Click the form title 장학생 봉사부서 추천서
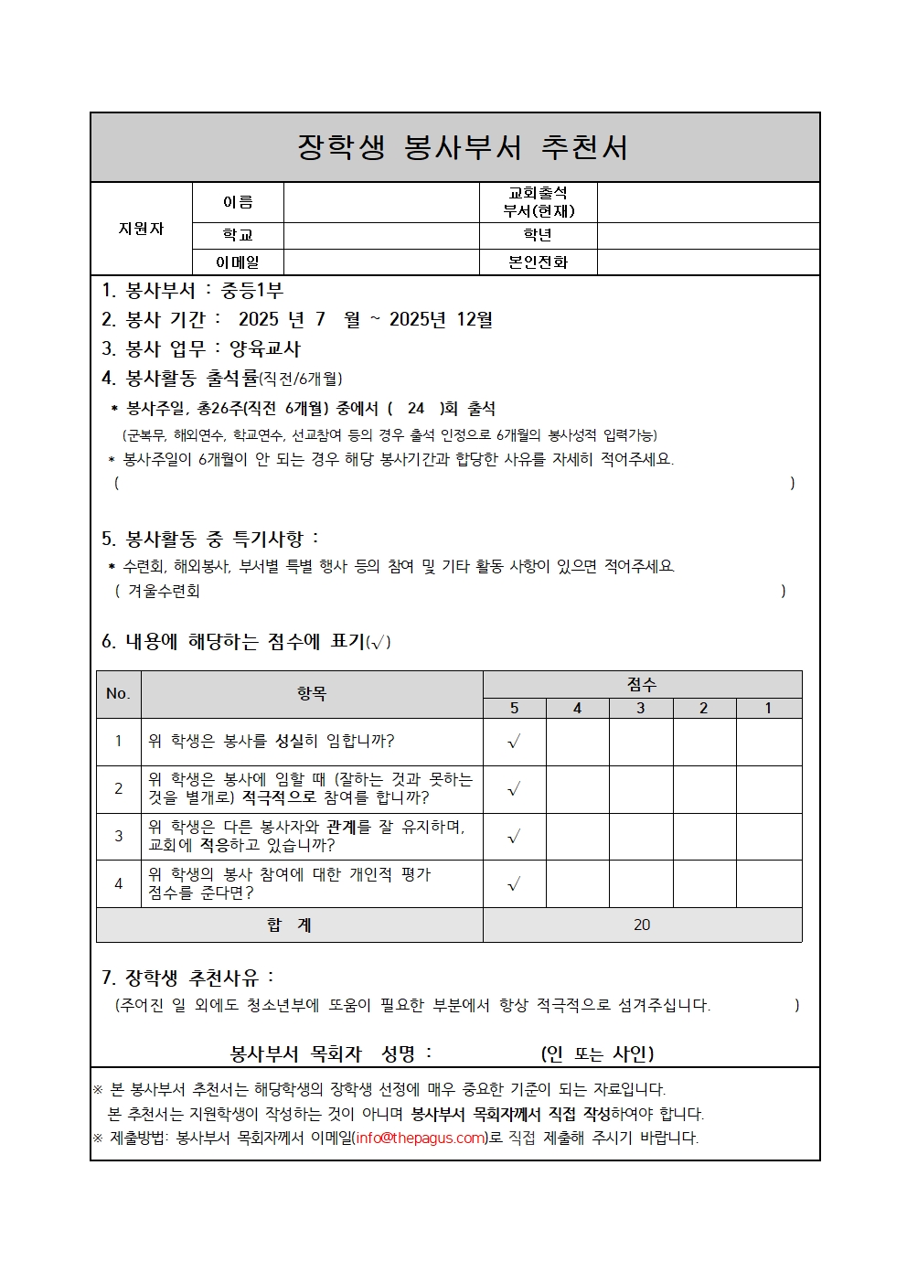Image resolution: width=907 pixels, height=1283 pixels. click(463, 147)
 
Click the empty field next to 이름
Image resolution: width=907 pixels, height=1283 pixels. click(381, 202)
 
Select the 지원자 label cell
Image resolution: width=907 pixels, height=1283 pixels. click(141, 229)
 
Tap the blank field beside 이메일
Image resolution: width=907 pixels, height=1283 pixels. click(381, 262)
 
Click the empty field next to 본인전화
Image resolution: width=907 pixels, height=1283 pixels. click(708, 262)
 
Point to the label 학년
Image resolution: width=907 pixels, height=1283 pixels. click(538, 235)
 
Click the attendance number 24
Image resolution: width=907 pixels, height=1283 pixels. click(416, 409)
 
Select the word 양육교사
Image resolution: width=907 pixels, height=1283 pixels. click(265, 348)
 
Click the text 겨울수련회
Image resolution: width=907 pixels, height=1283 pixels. click(164, 591)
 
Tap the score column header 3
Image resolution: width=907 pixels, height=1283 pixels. click(641, 709)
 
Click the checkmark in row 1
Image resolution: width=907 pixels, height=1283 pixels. click(514, 742)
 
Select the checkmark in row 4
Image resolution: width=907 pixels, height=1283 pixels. click(514, 884)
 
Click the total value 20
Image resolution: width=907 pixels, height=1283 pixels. click(642, 925)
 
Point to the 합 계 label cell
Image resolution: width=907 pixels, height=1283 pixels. click(289, 925)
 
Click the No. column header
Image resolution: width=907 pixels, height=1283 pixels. click(118, 693)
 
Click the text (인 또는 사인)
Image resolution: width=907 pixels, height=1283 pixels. click(597, 1053)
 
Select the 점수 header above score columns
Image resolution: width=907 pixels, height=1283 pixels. click(642, 684)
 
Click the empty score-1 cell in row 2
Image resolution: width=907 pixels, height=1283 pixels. click(769, 789)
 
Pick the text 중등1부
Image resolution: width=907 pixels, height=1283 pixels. click(252, 290)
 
